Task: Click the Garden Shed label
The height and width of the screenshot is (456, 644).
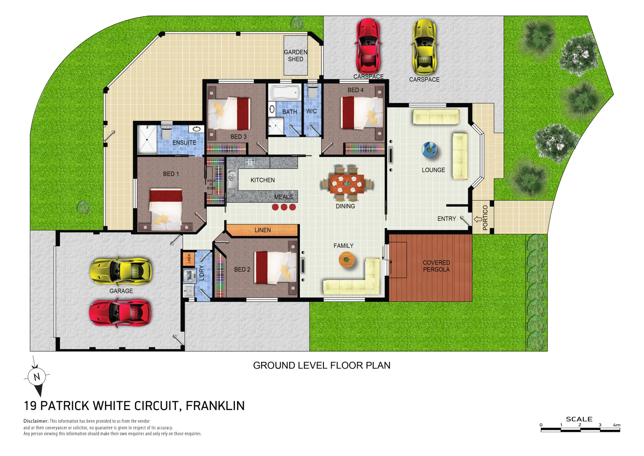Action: click(x=295, y=56)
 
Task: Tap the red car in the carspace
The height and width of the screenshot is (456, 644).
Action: click(x=368, y=46)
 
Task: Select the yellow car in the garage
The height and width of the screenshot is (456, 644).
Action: click(x=121, y=271)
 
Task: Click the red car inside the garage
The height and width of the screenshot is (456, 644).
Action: click(x=120, y=312)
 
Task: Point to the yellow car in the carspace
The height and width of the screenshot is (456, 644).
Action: click(x=424, y=47)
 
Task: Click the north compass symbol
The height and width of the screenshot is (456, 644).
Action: click(x=37, y=377)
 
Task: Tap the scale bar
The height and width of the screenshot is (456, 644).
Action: click(x=580, y=430)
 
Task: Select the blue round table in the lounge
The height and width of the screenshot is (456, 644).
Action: click(x=430, y=150)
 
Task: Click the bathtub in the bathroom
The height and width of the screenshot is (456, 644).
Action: click(x=285, y=92)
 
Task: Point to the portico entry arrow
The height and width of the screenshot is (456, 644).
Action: click(x=478, y=219)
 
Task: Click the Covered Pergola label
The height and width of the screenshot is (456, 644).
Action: click(x=436, y=266)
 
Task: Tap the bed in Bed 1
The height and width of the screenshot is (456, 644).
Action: click(x=166, y=209)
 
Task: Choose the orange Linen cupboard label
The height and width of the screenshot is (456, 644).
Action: click(x=262, y=230)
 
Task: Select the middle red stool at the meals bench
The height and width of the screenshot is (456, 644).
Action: click(x=284, y=207)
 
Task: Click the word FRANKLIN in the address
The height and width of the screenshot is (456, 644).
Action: click(x=215, y=406)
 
